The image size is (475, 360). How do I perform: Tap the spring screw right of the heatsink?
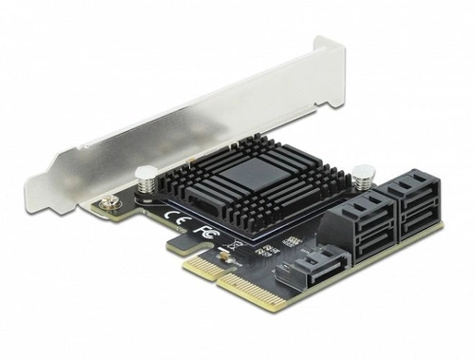(x=362, y=175)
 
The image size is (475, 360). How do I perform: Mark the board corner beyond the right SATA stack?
(x=440, y=226)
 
